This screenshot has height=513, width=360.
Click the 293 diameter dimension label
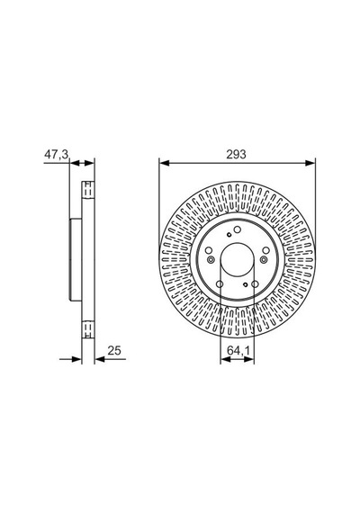click(x=236, y=154)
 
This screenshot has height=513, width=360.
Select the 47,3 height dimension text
click(x=57, y=154)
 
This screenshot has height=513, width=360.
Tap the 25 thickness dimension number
click(x=114, y=350)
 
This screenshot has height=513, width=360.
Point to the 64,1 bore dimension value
click(x=238, y=350)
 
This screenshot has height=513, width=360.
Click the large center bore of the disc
click(x=238, y=260)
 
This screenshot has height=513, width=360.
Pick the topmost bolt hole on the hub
click(x=238, y=229)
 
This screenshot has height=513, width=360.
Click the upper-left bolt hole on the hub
click(x=209, y=250)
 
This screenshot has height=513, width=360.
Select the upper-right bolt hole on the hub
click(x=266, y=250)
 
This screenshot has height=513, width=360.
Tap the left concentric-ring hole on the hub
click(x=211, y=260)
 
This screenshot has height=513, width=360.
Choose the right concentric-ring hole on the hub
click(x=264, y=260)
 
